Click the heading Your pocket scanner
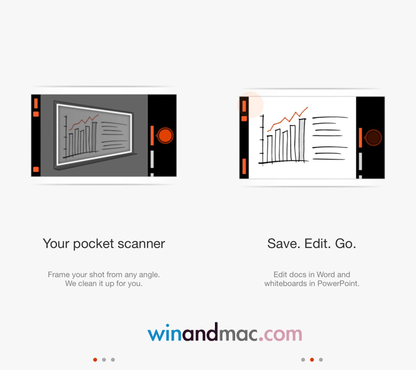[104, 244]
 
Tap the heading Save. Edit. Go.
[311, 244]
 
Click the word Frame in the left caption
[59, 275]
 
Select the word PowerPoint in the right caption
[338, 284]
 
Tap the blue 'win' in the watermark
[166, 334]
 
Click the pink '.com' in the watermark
[281, 334]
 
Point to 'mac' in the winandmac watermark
[238, 334]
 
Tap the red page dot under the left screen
[95, 360]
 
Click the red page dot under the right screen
[312, 360]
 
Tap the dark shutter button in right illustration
[373, 138]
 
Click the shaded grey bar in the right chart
[302, 140]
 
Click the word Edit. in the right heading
[315, 244]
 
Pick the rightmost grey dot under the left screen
[113, 360]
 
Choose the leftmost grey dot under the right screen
[303, 360]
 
